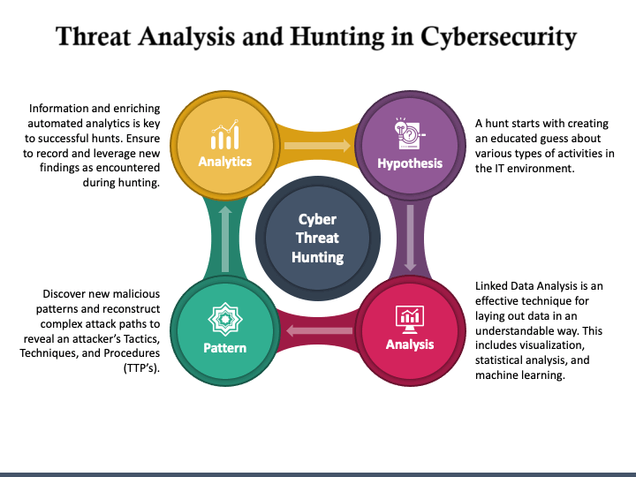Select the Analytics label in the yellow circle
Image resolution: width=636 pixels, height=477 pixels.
pos(224,162)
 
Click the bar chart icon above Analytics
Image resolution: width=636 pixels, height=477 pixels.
pos(224,136)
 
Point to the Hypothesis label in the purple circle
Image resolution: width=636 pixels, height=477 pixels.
pos(410,163)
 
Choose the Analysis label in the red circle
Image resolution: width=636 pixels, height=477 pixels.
pos(410,344)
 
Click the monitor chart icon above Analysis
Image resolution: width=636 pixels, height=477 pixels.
pos(410,316)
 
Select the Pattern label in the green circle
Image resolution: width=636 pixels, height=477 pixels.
pos(224,347)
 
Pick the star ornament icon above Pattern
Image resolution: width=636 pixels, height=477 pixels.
pos(224,319)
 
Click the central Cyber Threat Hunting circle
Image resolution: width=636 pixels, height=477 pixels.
pos(318,238)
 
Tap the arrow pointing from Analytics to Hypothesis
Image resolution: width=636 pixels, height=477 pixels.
pos(317,146)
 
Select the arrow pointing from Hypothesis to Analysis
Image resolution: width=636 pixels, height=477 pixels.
pos(410,238)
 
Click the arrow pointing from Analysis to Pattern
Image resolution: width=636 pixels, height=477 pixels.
pos(318,331)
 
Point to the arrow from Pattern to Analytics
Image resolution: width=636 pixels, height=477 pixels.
pos(224,238)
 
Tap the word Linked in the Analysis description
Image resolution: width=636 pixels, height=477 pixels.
pos(493,287)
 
